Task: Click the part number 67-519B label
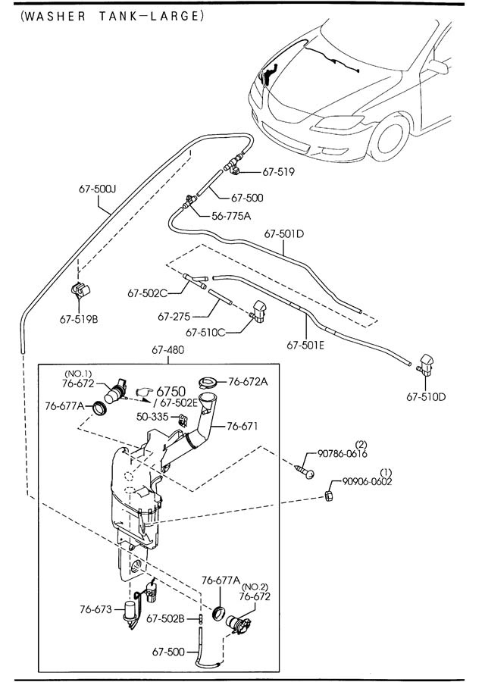coord(79,319)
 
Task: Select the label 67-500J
coord(97,189)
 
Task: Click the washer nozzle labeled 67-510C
coord(258,312)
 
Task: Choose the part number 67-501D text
coord(284,234)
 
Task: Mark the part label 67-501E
coord(306,346)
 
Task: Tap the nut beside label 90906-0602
coord(330,496)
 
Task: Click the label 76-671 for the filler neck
coord(242,426)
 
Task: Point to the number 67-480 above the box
coord(168,349)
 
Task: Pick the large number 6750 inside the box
coord(171,392)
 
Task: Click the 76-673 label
coord(95,609)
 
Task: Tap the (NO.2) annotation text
coord(255,587)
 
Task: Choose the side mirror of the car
coord(439,66)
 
